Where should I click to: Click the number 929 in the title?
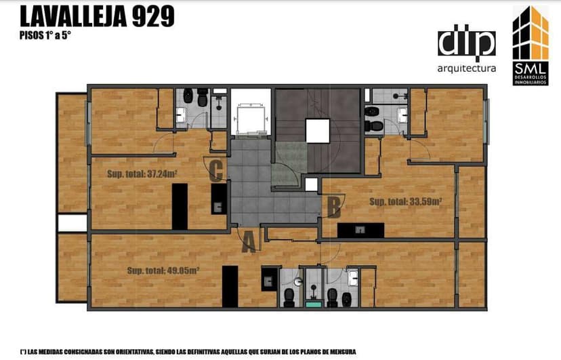(x=153, y=16)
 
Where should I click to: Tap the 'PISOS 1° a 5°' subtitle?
(x=45, y=36)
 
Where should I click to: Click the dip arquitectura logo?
(x=467, y=49)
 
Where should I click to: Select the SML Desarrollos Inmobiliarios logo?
(x=531, y=46)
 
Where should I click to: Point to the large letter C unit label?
(x=217, y=171)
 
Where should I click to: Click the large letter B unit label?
(x=334, y=207)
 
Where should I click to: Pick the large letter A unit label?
(x=249, y=241)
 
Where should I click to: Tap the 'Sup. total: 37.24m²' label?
(x=142, y=174)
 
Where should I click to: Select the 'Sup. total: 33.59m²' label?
(x=405, y=202)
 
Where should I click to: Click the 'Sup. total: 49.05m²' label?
(x=163, y=271)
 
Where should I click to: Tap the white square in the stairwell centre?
(x=317, y=131)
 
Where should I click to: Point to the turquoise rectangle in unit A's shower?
(x=314, y=304)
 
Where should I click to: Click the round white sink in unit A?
(x=298, y=282)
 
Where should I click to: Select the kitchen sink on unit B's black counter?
(x=360, y=230)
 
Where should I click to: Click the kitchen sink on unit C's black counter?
(x=219, y=207)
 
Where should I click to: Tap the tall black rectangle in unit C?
(x=180, y=207)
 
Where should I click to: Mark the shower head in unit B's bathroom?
(x=396, y=96)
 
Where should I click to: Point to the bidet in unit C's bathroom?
(x=188, y=96)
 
